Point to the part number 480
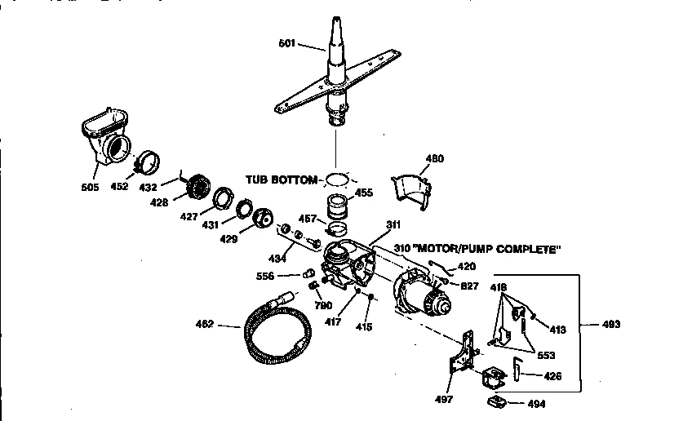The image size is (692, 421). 435,158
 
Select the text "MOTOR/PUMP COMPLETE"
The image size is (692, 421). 489,249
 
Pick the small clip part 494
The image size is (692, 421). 496,401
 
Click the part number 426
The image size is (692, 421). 552,376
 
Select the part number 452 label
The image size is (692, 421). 119,187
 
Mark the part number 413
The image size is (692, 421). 558,330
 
